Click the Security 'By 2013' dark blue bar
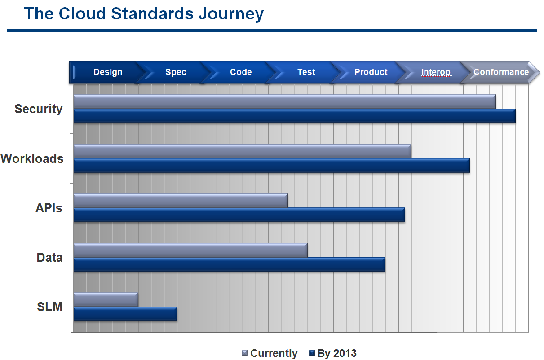[x=294, y=116]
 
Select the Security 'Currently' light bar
[x=284, y=102]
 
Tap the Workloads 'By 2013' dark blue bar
[x=271, y=166]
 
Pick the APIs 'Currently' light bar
[x=181, y=201]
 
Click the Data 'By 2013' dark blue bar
[x=229, y=264]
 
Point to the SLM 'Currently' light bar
[x=106, y=299]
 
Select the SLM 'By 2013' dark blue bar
[x=125, y=314]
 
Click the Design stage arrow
[x=107, y=72]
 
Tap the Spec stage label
[x=175, y=72]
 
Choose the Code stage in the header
[x=241, y=72]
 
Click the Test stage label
[x=306, y=72]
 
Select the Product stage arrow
[x=371, y=72]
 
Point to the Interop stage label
[x=435, y=72]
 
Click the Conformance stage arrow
[x=501, y=72]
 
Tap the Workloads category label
[x=32, y=159]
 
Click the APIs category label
[x=49, y=208]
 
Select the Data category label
[x=49, y=258]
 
